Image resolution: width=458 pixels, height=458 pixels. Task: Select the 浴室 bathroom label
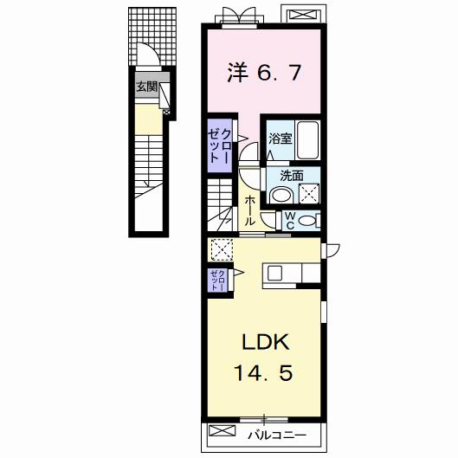click(x=279, y=138)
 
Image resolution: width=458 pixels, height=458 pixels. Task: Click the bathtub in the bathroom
click(x=309, y=139)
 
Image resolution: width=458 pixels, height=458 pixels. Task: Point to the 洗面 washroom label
click(x=291, y=176)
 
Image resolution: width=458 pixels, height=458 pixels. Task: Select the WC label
click(x=290, y=219)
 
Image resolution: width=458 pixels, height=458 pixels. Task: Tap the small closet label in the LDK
click(x=218, y=281)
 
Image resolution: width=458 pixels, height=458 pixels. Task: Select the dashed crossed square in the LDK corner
click(x=220, y=250)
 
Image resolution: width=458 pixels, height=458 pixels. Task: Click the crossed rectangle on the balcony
click(x=223, y=430)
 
